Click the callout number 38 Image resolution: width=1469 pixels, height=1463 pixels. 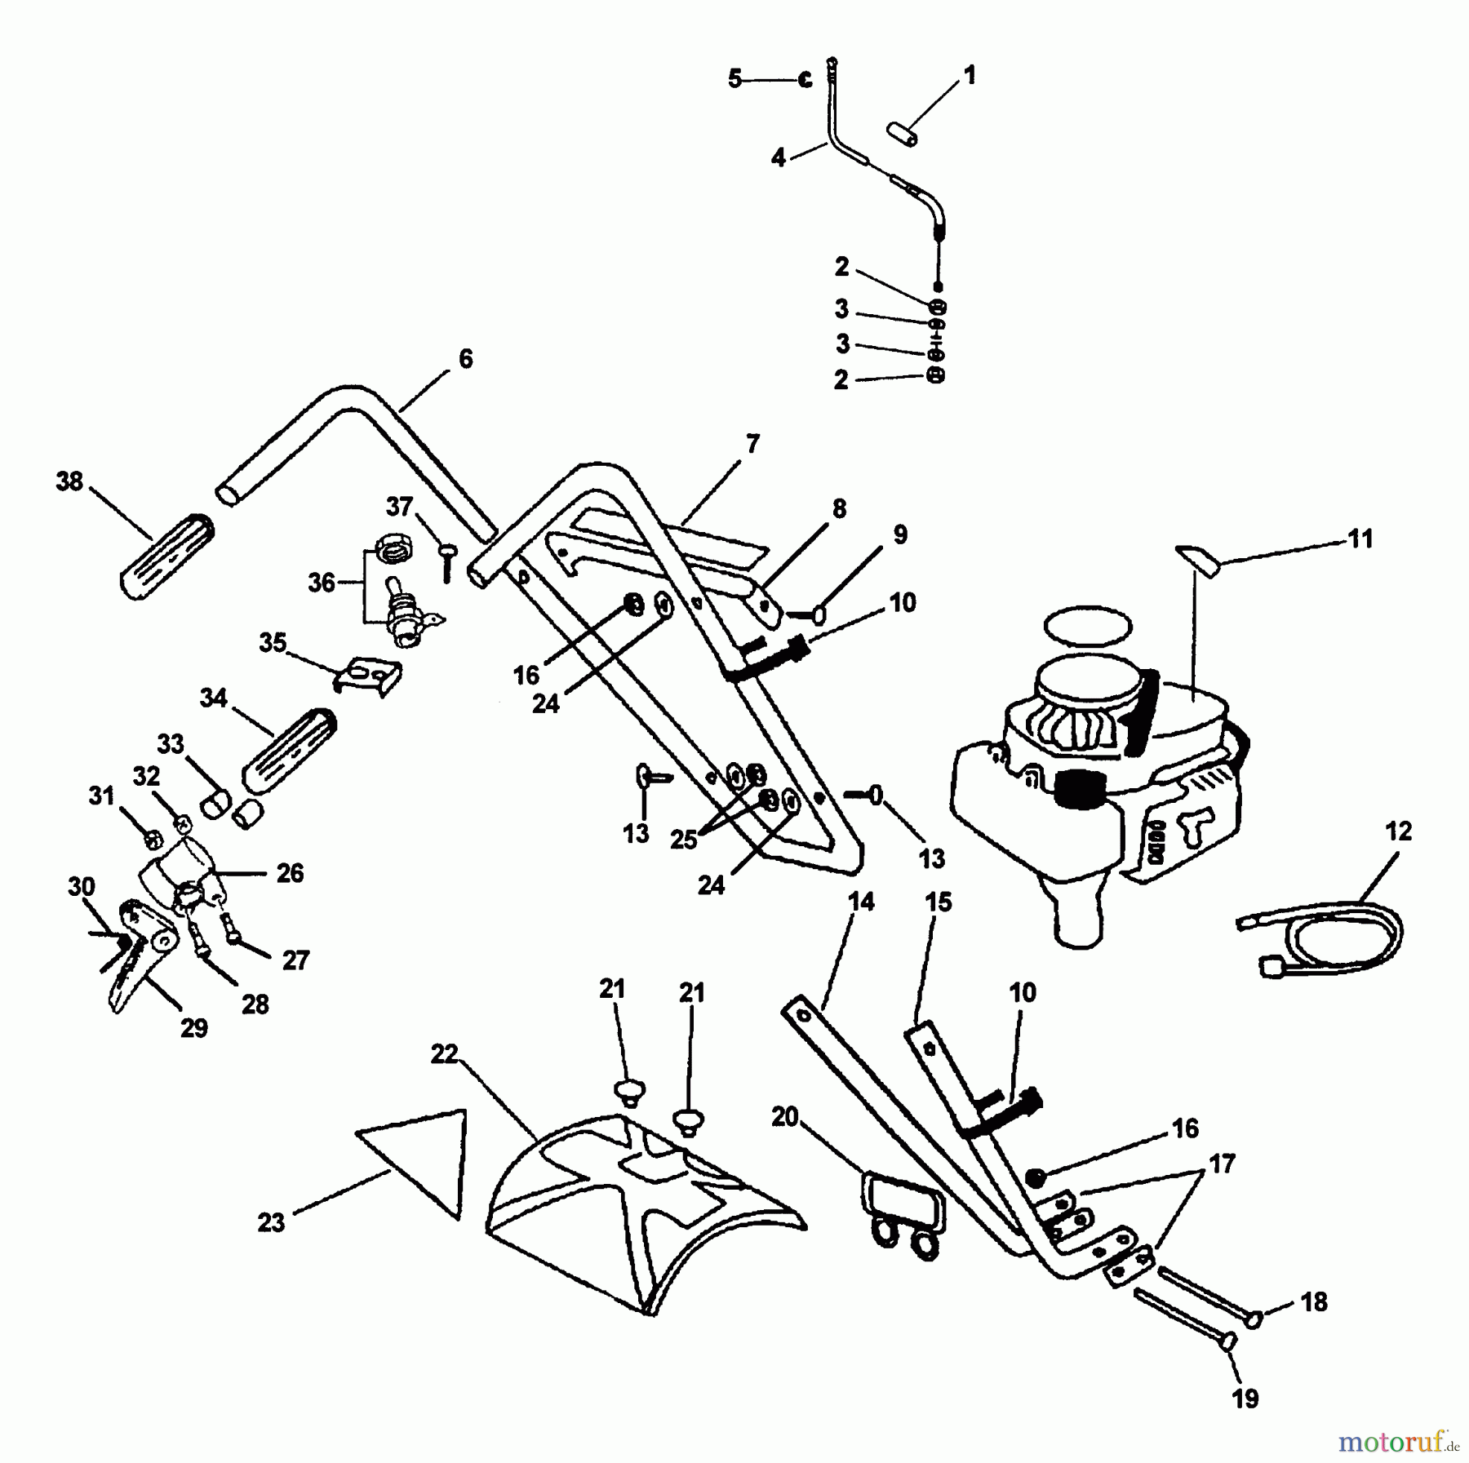coord(69,481)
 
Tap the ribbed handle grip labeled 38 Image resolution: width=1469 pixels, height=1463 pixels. coord(167,559)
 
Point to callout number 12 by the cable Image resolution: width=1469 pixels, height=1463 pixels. coord(1398,831)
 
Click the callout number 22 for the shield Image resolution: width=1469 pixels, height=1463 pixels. coord(445,1055)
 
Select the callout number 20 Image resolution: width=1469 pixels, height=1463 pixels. coord(785,1116)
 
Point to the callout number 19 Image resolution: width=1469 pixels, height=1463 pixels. coord(1245,1399)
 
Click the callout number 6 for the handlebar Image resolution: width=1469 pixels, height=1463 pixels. coord(465,358)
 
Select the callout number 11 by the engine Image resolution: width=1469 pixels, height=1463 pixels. coord(1360,539)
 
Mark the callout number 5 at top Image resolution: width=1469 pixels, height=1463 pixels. coord(735,79)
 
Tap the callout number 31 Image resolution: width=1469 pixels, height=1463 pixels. coord(102,795)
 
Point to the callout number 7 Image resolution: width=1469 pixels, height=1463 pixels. coord(752,444)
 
